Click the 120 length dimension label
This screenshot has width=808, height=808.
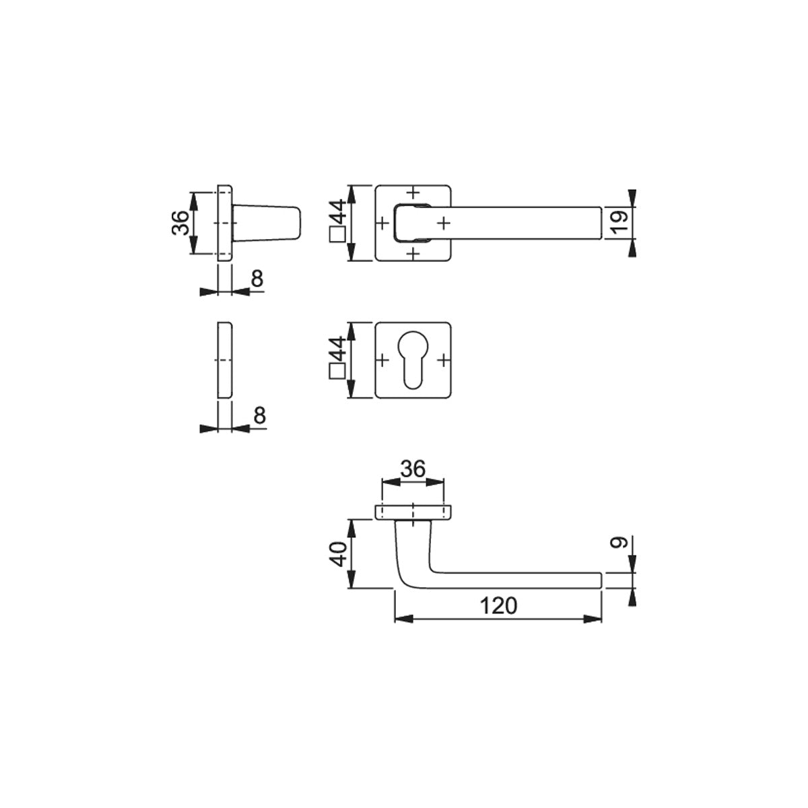coord(498,606)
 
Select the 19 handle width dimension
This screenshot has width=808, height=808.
coord(619,223)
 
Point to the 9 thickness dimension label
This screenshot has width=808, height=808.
coord(619,542)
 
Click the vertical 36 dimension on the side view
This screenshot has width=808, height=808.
coord(181,223)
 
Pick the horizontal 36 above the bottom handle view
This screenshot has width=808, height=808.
coord(413,469)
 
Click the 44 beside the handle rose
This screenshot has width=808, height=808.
coord(338,211)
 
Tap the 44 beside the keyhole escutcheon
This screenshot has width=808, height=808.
coord(338,349)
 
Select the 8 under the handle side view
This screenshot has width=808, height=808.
coord(257,278)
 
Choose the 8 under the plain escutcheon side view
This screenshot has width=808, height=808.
coord(260,415)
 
